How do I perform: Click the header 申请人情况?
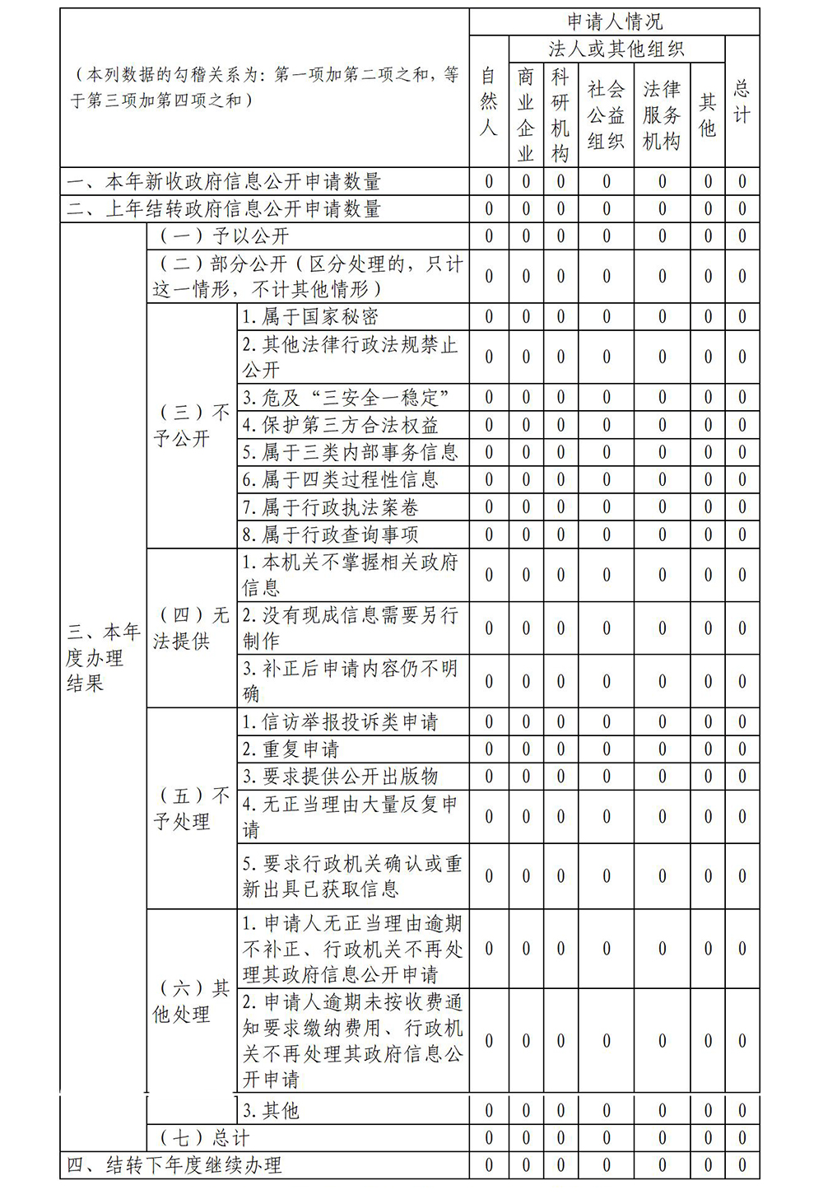(614, 22)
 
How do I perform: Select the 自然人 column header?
(489, 101)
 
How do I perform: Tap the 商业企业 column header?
(526, 114)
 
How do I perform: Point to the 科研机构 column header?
(560, 114)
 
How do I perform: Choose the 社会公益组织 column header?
(607, 114)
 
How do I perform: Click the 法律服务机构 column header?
(662, 114)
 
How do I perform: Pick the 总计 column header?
(742, 101)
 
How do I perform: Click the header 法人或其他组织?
(616, 49)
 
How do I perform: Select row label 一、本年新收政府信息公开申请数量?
(224, 182)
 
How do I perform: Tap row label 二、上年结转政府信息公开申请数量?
(224, 209)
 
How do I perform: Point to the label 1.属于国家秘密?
(310, 317)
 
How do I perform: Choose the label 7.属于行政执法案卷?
(330, 507)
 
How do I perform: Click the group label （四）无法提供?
(191, 628)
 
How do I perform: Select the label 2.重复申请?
(291, 749)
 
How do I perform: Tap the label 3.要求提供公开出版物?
(340, 777)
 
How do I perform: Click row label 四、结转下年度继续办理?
(174, 1165)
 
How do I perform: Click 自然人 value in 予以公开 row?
(489, 236)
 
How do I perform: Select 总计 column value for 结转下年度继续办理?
(742, 1165)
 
